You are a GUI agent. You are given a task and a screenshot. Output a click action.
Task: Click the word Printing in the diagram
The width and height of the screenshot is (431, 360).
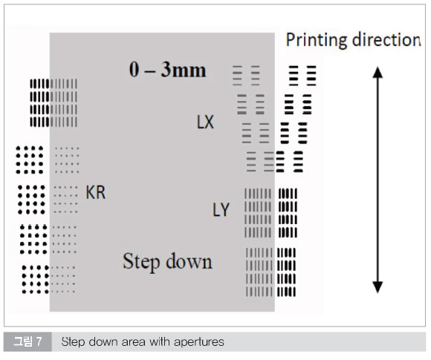coord(317,41)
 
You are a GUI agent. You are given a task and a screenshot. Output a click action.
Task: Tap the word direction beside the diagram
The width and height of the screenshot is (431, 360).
coord(386,40)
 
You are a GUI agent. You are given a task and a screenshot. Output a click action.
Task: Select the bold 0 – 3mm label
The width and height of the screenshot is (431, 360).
coord(167,70)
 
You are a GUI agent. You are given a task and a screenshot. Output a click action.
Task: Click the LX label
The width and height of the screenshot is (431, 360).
coord(205,122)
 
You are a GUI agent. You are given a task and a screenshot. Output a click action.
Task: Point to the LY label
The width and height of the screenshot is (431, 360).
coord(221,210)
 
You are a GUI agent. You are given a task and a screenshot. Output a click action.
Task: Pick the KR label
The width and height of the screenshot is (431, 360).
coord(95,192)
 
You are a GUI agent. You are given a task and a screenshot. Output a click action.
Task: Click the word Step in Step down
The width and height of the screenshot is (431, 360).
coord(141,262)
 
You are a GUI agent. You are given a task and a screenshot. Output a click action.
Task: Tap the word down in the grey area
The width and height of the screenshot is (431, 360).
coord(189,261)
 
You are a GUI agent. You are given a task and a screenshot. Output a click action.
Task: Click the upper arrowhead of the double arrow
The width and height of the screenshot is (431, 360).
coord(377,73)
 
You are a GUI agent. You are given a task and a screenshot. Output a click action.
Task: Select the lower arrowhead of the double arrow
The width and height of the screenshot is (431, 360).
coord(377,287)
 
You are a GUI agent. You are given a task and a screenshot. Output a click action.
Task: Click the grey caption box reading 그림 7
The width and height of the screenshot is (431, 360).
coord(27,341)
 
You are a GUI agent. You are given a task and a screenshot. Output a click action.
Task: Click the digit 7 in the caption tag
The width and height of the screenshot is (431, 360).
coord(39,341)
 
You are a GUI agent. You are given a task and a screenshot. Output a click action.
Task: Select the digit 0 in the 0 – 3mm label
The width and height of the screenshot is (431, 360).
coord(134,70)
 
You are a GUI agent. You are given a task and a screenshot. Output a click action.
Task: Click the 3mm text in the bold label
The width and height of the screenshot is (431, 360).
coord(184,70)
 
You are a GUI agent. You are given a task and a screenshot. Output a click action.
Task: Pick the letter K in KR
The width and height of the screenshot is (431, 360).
coord(91,192)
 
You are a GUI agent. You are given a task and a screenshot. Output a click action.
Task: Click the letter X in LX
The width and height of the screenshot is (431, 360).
coord(209,122)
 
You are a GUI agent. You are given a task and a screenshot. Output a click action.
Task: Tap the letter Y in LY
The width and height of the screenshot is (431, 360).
coord(225,210)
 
